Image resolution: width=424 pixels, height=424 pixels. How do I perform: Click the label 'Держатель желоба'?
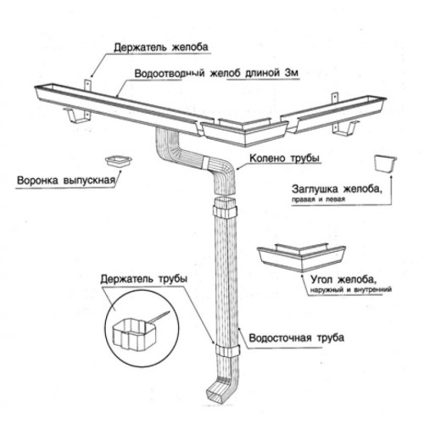coord(161,47)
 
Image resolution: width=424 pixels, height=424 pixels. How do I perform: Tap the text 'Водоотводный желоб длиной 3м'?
coord(216,73)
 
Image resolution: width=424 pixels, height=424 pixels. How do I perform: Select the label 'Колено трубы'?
coord(284,158)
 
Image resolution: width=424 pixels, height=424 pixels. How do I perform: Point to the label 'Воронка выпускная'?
coord(66,180)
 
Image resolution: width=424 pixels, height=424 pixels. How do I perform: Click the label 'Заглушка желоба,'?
coord(337,189)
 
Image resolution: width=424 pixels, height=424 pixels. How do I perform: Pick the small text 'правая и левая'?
coord(318,199)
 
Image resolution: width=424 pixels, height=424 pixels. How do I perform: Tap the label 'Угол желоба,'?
coord(343,280)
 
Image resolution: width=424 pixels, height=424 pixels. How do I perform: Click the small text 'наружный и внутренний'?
coord(351,290)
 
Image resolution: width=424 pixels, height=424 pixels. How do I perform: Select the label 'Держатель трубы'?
coord(143,279)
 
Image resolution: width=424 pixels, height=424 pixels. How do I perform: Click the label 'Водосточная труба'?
coord(297,338)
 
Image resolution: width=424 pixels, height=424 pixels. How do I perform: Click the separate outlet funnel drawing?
coord(119,161)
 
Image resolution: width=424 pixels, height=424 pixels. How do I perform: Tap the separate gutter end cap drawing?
coord(385,163)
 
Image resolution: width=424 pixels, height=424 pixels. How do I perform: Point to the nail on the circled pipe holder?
coord(159,316)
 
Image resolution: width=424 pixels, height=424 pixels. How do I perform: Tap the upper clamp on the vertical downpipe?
coord(225,212)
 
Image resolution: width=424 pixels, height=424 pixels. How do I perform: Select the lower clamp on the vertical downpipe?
coord(227,350)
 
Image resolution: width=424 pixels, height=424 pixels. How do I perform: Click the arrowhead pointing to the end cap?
coord(391,177)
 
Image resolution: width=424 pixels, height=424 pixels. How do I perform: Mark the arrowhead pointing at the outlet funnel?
coord(120,171)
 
